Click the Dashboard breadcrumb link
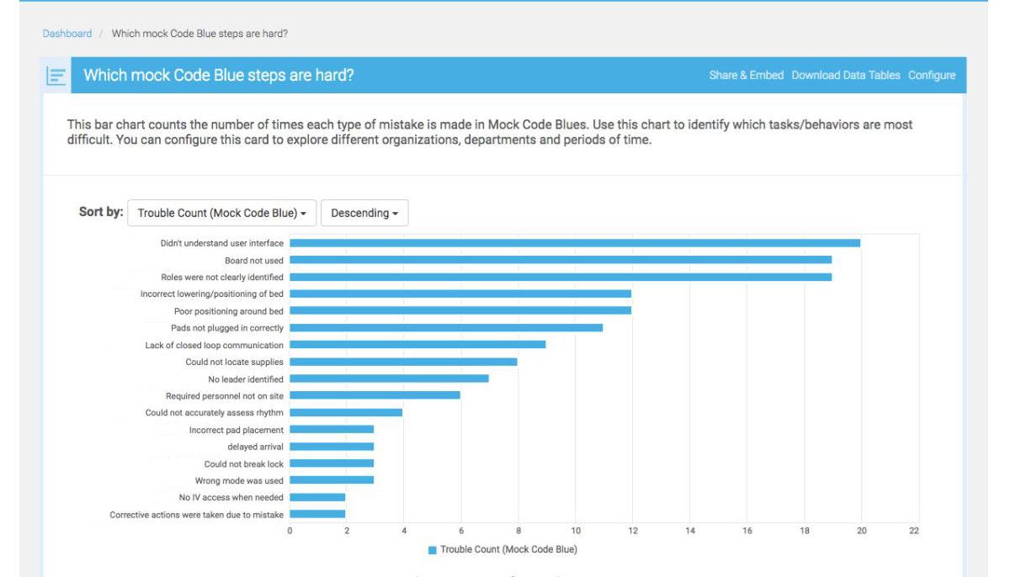pyautogui.click(x=67, y=34)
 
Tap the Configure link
pyautogui.click(x=931, y=76)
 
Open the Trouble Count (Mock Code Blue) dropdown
pyautogui.click(x=221, y=214)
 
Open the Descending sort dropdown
pyautogui.click(x=364, y=214)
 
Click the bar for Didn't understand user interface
pyautogui.click(x=575, y=243)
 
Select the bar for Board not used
pyautogui.click(x=561, y=260)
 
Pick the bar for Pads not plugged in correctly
pyautogui.click(x=446, y=327)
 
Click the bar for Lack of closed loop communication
pyautogui.click(x=417, y=345)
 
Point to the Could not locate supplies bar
pyautogui.click(x=403, y=362)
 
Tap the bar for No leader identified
pyautogui.click(x=389, y=378)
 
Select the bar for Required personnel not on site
pyautogui.click(x=375, y=395)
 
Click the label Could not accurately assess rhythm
pyautogui.click(x=214, y=412)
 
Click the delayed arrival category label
pyautogui.click(x=255, y=447)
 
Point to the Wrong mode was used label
pyautogui.click(x=238, y=480)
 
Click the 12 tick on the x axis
pyautogui.click(x=632, y=532)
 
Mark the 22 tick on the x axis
pyautogui.click(x=914, y=532)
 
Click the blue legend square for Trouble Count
pyautogui.click(x=433, y=550)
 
